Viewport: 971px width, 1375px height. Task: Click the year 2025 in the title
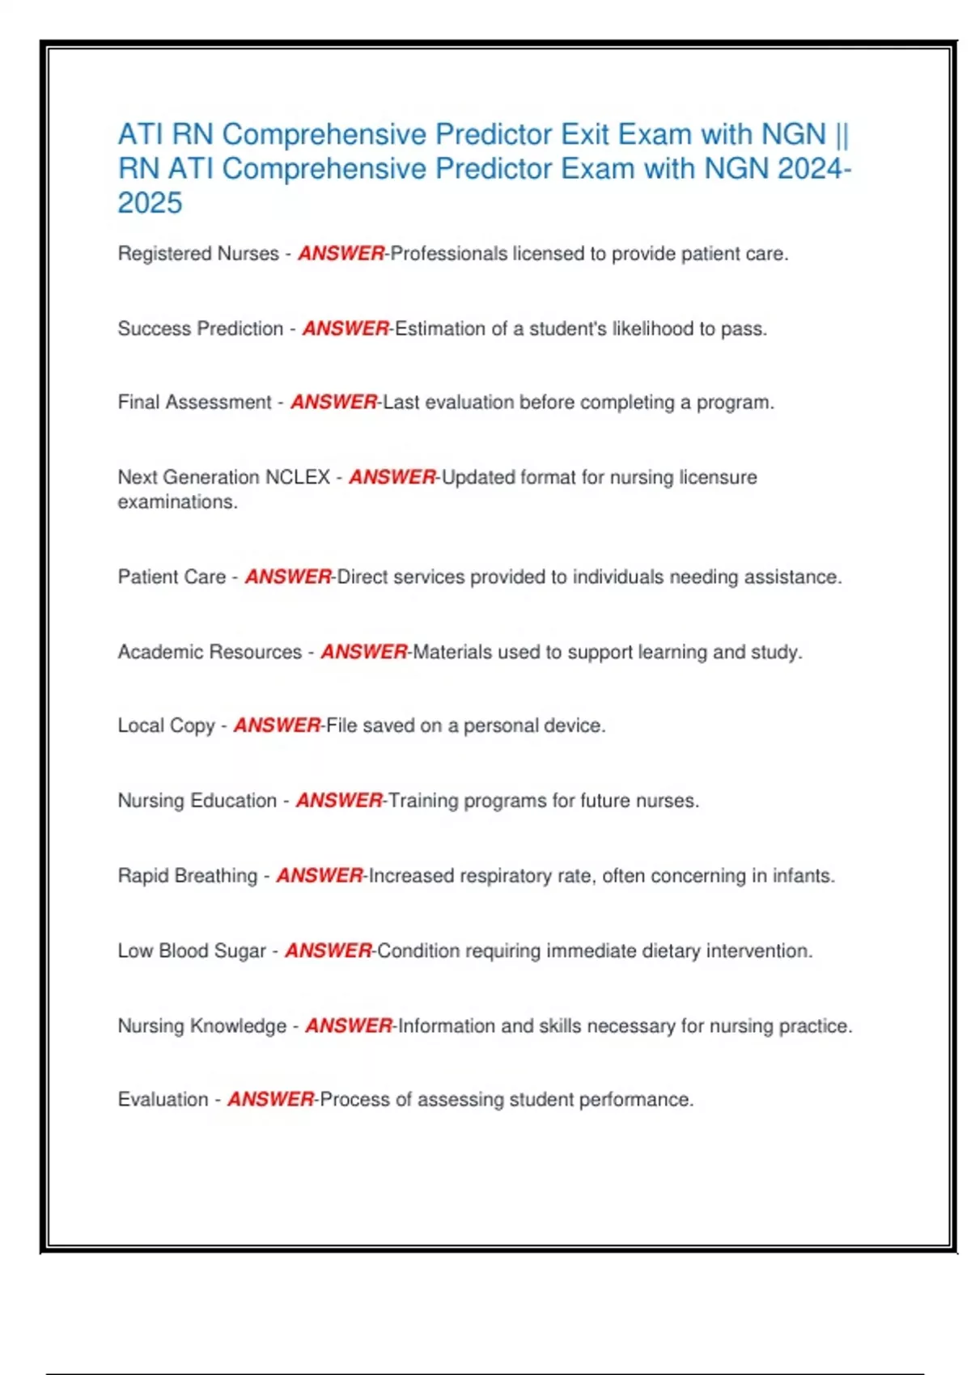[150, 203]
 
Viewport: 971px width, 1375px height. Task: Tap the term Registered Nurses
[198, 254]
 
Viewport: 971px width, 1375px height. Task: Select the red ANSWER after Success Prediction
[346, 329]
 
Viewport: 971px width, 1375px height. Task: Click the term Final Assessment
[194, 403]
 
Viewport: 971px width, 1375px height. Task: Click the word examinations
[177, 502]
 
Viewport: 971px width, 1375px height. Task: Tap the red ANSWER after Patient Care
[288, 577]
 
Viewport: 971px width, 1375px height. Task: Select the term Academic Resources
[210, 652]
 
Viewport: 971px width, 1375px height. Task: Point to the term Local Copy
[167, 726]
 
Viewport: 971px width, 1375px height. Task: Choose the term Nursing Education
[197, 801]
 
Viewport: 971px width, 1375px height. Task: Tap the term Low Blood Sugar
[192, 951]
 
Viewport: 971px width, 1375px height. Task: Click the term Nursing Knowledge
[202, 1026]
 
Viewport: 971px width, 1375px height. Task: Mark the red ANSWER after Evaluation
[270, 1100]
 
